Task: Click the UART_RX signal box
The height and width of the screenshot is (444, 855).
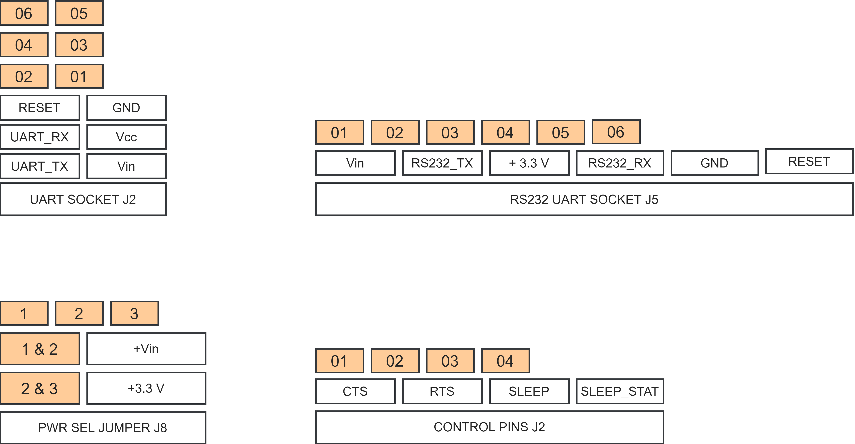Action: coord(40,137)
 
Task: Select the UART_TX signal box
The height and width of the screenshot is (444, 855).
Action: coord(40,166)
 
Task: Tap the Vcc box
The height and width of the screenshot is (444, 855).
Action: coord(127,137)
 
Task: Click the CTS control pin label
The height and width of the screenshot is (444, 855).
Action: coord(355,391)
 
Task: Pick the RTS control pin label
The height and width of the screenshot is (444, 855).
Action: coord(442,391)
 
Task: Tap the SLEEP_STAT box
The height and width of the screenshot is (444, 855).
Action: coord(620,391)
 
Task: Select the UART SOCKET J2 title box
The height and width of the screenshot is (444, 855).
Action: coord(83,199)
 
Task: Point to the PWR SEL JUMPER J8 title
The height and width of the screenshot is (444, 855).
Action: coord(103,427)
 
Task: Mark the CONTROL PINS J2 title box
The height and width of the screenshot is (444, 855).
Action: coord(489,427)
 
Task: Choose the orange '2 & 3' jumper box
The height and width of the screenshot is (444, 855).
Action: coord(40,388)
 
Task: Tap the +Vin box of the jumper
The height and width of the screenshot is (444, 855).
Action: coord(146,349)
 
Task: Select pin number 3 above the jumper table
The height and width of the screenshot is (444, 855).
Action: coord(134,313)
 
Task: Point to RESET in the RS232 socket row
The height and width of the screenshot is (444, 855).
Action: coord(809,161)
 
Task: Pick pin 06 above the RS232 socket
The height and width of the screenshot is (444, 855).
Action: coord(616,132)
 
